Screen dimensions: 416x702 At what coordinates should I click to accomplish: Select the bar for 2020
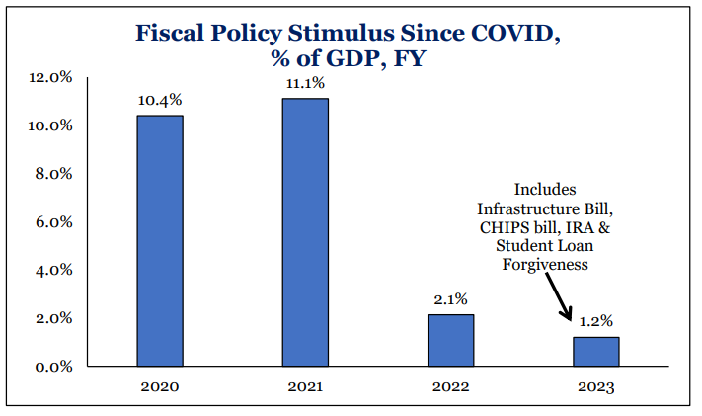point(159,240)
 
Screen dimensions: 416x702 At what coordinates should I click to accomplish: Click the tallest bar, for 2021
point(304,232)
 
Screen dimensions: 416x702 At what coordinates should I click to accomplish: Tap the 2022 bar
point(450,340)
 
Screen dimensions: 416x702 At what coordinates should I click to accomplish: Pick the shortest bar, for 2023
point(595,351)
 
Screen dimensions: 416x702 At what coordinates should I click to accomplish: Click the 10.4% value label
point(159,100)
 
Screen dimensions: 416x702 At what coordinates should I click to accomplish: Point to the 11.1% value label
point(304,83)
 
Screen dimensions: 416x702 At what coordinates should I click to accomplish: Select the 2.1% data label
point(450,298)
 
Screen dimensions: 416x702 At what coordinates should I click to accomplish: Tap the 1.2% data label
point(596,320)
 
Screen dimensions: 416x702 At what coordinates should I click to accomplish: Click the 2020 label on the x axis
point(159,387)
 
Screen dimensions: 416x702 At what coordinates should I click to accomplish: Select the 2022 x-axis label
point(450,387)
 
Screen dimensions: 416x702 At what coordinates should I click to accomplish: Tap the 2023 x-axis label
point(595,387)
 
